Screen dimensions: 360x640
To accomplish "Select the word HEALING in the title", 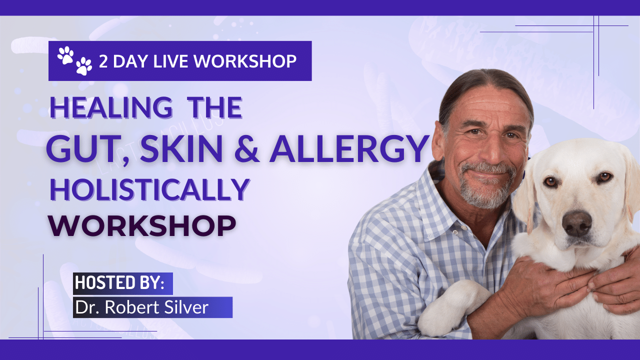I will click(x=110, y=107).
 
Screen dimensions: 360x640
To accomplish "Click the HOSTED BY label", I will click(x=119, y=283).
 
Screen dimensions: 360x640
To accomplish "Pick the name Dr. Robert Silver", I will click(x=141, y=307).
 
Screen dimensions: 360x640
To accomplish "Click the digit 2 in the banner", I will click(x=104, y=61).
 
